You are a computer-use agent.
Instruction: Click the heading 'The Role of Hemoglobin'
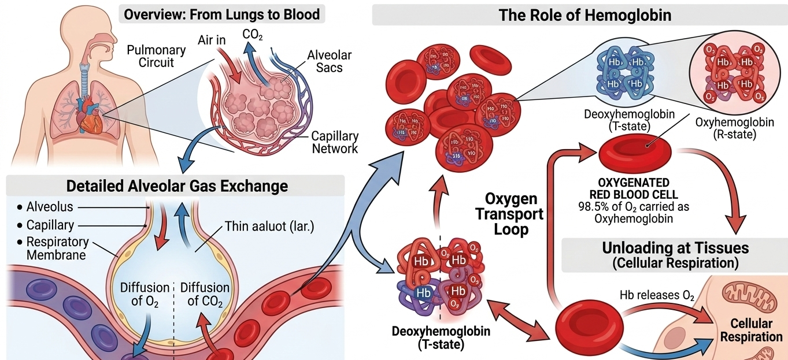[579, 15]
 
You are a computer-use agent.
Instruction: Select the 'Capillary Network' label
[335, 142]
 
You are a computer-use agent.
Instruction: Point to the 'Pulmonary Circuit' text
[157, 55]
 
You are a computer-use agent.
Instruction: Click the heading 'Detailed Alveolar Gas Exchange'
[177, 186]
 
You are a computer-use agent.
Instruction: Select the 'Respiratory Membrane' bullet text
[57, 248]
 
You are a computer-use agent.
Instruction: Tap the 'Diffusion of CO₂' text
[205, 294]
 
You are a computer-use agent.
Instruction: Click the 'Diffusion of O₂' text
[144, 294]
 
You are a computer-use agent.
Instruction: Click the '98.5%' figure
[593, 206]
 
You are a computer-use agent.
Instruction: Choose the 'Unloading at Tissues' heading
[675, 248]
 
